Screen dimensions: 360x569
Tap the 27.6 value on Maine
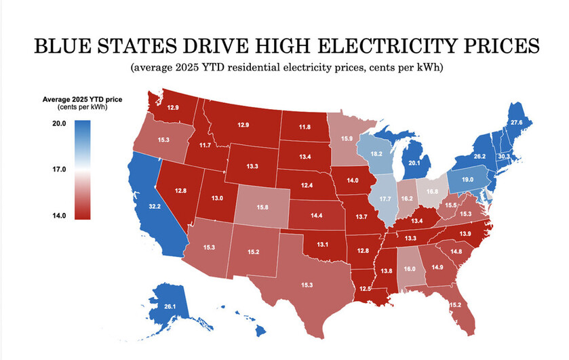tap(517, 123)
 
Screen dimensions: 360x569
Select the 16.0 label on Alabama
tap(410, 268)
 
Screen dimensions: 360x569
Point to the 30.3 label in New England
tap(503, 155)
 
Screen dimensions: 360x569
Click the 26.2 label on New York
tap(480, 155)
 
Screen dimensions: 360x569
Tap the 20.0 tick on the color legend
tap(57, 124)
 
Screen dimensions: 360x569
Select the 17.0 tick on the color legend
tap(57, 169)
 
